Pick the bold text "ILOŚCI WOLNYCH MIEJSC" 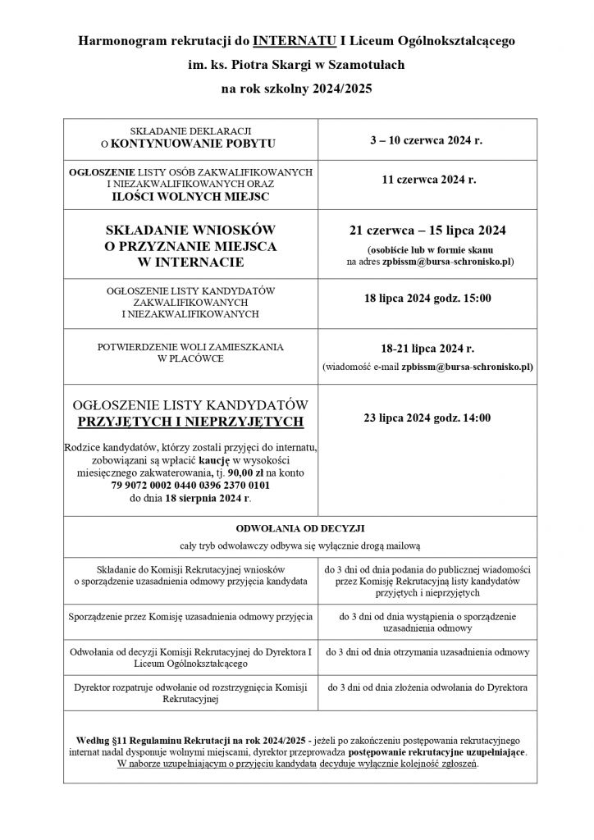coord(191,197)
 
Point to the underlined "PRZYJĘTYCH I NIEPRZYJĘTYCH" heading coord(191,422)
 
